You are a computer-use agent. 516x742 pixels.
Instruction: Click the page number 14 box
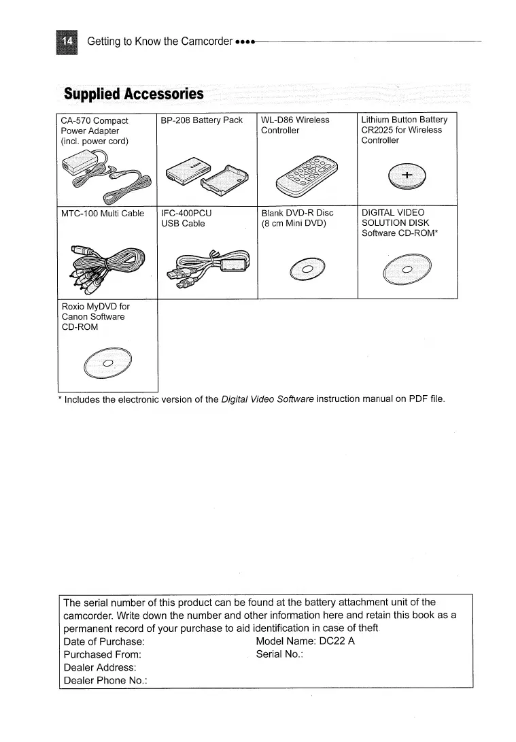point(68,41)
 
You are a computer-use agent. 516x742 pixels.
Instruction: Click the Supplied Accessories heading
point(133,94)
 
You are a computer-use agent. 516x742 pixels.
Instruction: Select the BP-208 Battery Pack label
point(201,120)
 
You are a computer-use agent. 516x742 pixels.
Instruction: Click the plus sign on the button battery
point(407,175)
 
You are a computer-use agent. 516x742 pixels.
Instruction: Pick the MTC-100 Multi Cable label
point(103,214)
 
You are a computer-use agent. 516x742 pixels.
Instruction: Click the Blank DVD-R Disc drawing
point(307,270)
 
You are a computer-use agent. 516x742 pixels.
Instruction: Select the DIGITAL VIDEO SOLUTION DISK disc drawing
point(407,271)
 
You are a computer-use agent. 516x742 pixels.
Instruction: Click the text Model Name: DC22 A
point(305,641)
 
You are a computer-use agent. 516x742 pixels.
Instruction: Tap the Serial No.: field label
point(279,654)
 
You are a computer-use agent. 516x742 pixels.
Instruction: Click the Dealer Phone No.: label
point(106,680)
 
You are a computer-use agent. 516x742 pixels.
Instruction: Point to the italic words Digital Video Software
point(267,399)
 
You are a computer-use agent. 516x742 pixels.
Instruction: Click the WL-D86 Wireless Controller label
point(295,125)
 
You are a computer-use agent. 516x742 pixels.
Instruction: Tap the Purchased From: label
point(103,654)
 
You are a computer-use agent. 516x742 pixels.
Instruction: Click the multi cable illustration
point(105,265)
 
